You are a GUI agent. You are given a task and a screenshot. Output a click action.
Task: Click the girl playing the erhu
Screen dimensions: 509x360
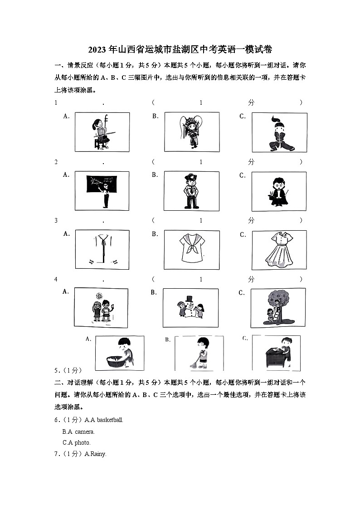[x=102, y=132]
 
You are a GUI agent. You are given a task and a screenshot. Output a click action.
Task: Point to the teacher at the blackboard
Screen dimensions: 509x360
[x=106, y=193]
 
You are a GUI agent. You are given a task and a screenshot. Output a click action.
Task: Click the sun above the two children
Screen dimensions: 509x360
[x=99, y=296]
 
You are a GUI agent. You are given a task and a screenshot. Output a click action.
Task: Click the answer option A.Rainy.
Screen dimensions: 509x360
[x=95, y=454]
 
